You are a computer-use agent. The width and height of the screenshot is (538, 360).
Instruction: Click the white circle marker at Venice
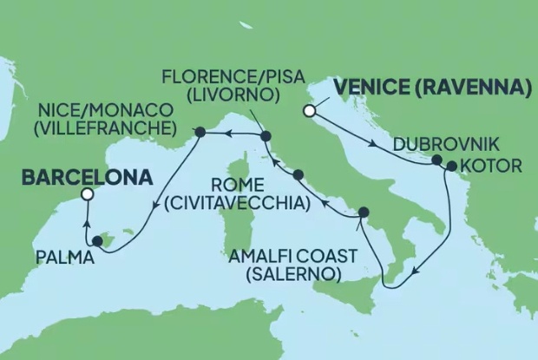click(308, 110)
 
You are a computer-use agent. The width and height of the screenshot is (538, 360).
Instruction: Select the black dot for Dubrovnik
click(437, 160)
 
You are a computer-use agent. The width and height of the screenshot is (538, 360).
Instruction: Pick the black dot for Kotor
click(451, 165)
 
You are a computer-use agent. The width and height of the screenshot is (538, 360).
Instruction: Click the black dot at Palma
click(97, 242)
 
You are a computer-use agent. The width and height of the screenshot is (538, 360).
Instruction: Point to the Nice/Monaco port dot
click(200, 133)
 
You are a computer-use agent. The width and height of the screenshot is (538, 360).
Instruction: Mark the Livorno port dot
click(266, 135)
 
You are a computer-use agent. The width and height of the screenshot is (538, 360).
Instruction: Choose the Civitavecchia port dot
click(299, 176)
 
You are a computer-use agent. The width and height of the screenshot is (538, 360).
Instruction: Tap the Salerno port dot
click(363, 212)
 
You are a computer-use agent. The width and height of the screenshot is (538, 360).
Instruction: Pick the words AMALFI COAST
click(291, 257)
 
